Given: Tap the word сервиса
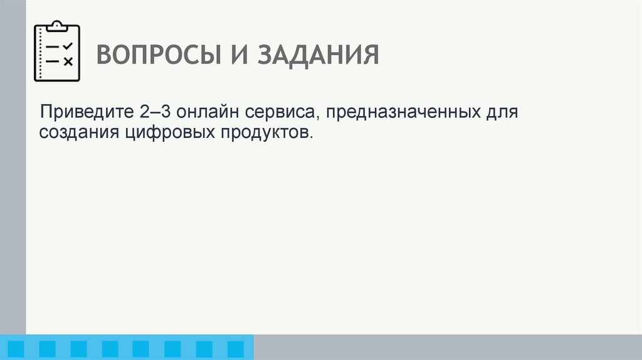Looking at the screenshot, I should click(x=280, y=114).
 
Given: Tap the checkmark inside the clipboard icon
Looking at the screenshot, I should click(x=68, y=46).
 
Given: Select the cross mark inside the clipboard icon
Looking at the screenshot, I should click(x=68, y=61).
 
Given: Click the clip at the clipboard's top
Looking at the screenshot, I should click(x=57, y=25).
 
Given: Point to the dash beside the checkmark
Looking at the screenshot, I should click(x=53, y=46).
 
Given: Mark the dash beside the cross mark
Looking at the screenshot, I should click(x=53, y=61).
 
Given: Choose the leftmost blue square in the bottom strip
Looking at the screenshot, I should click(x=17, y=348).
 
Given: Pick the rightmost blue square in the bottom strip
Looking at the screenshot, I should click(x=236, y=348).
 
